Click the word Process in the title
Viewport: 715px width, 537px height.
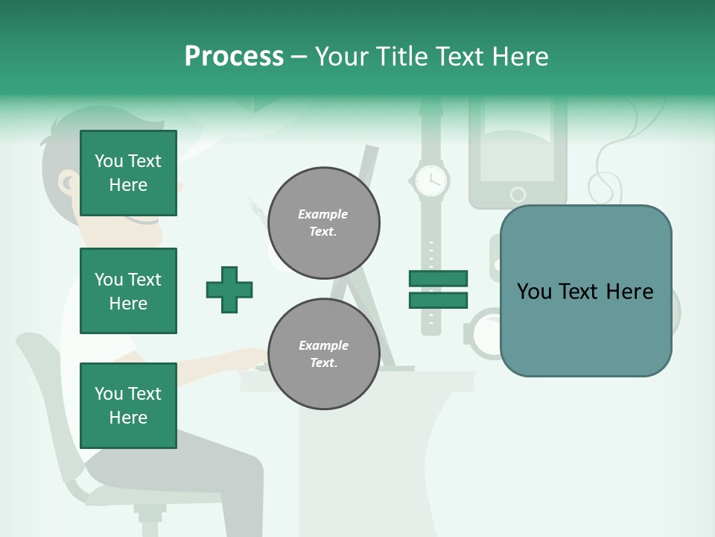point(235,57)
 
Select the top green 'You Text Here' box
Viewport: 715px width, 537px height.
point(129,173)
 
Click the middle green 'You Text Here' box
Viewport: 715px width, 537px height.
point(129,291)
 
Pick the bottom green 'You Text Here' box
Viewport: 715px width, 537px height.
point(129,406)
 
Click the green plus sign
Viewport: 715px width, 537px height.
point(229,290)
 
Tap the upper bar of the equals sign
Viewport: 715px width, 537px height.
point(438,278)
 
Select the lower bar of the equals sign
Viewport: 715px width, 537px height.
point(438,301)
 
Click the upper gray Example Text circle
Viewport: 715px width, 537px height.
point(324,223)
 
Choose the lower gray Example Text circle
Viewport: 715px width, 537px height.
point(324,354)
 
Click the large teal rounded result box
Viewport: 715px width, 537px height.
point(586,291)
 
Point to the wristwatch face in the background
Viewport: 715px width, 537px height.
point(430,180)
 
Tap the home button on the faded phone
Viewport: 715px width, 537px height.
point(518,194)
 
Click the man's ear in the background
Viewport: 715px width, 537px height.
point(68,183)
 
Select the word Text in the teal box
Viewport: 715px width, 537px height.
point(578,292)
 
